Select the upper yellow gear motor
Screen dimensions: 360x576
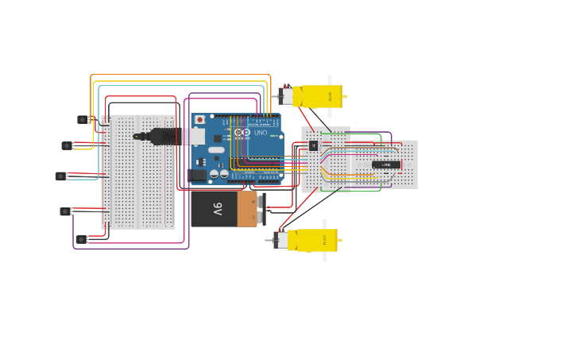(x=318, y=96)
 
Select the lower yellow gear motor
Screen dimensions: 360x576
(x=314, y=240)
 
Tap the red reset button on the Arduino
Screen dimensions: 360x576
(x=199, y=119)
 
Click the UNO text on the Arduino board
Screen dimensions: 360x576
(x=260, y=132)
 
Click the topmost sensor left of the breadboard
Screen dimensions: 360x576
(x=83, y=120)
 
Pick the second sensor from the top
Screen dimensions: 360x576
(x=68, y=145)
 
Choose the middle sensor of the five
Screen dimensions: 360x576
(x=60, y=176)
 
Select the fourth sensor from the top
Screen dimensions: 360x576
(x=65, y=211)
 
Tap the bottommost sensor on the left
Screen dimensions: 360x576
(x=81, y=239)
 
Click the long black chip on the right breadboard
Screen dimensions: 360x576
(x=386, y=165)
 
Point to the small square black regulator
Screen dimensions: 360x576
(x=313, y=145)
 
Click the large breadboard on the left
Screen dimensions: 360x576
(x=138, y=172)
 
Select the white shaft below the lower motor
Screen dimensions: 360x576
(x=324, y=257)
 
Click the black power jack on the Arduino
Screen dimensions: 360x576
(x=197, y=174)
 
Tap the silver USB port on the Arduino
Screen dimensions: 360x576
(x=194, y=137)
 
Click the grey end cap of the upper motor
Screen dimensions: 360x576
(x=284, y=97)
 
